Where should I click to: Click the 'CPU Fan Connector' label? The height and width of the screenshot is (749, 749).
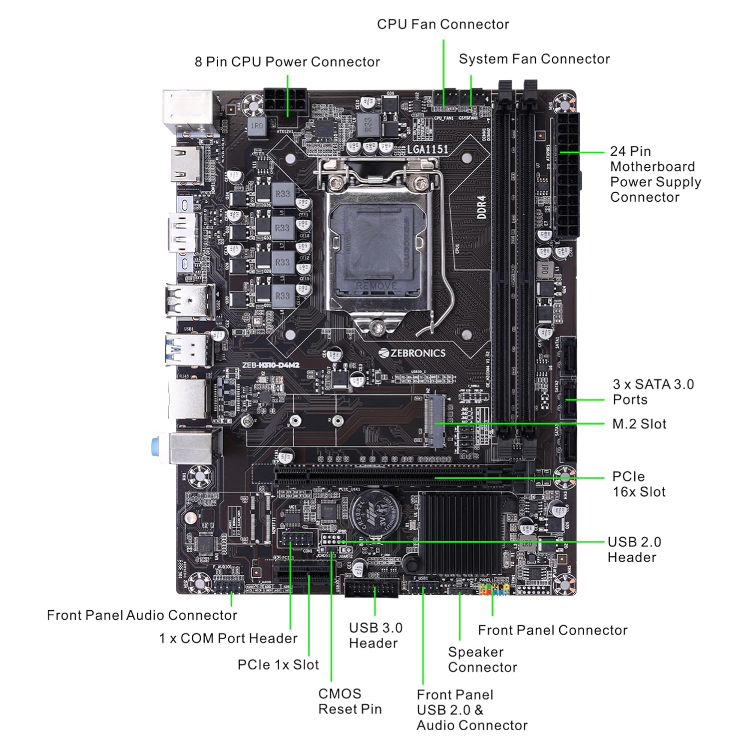click(443, 24)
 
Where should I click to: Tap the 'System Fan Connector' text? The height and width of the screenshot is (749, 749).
click(534, 59)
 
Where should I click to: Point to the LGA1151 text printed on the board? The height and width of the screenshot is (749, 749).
click(428, 149)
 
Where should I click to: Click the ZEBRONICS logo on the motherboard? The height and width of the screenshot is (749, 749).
click(412, 353)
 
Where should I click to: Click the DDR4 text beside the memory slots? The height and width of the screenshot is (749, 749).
click(482, 207)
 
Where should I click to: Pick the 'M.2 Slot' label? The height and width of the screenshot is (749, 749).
click(639, 424)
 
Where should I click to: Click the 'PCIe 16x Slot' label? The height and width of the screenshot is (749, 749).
click(639, 484)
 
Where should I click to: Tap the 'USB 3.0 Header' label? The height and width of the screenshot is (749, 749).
click(375, 635)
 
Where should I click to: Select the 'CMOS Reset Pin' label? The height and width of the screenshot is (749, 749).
click(350, 701)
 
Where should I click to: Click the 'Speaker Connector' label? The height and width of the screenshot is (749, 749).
click(482, 659)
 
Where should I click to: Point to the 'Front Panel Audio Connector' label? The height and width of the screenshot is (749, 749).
click(142, 615)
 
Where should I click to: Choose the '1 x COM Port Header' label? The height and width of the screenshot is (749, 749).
click(228, 638)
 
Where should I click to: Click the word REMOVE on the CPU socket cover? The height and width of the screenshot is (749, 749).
click(376, 286)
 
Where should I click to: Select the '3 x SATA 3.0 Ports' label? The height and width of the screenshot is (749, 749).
click(653, 391)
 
